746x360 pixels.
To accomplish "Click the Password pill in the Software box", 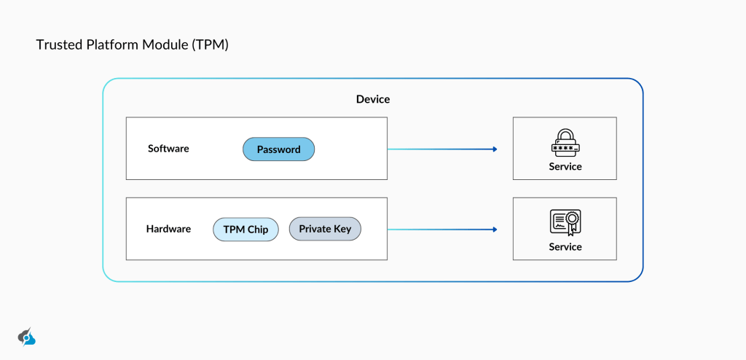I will [278, 149].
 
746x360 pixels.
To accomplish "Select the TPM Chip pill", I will [246, 230].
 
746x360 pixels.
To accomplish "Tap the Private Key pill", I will [325, 229].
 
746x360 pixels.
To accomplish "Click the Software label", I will [168, 149].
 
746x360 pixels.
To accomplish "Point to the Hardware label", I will [168, 229].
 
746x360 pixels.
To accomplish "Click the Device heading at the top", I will [373, 99].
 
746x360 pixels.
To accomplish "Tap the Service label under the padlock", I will [565, 167].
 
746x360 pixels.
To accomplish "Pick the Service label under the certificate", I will [565, 247].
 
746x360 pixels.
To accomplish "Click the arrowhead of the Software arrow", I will [495, 149].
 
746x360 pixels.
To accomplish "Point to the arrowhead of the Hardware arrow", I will [495, 230].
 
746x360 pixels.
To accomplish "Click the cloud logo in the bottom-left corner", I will [27, 337].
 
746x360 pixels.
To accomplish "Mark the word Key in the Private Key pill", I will [342, 229].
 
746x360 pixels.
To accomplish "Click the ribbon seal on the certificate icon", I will [573, 220].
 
